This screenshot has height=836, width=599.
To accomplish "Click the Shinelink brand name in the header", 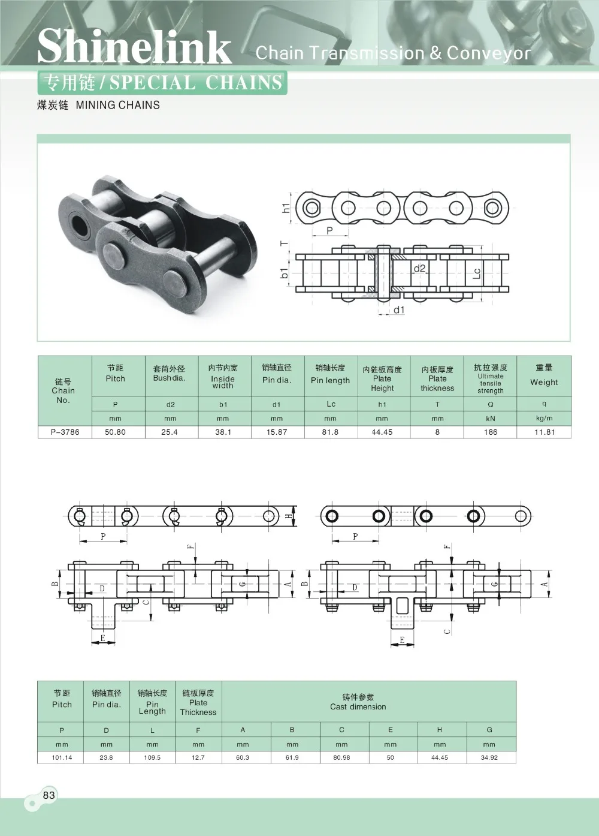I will (134, 47).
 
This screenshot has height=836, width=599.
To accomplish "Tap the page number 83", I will (49, 795).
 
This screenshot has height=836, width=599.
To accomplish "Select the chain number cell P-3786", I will (63, 432).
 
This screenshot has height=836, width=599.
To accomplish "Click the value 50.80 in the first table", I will (115, 432).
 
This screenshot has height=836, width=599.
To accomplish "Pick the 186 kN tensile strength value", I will (491, 432).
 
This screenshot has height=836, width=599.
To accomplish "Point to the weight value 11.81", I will (544, 432).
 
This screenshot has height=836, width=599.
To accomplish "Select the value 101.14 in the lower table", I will (62, 757).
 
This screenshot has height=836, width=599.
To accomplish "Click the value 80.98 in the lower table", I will (341, 757).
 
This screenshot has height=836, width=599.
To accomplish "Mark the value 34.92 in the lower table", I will (489, 757).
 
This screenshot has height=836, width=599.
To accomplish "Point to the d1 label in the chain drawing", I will (399, 310).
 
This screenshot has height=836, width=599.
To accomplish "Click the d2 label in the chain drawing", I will (419, 269).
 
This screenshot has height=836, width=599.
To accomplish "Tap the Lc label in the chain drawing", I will (477, 273).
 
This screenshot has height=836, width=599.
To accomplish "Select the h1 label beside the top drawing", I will (286, 208).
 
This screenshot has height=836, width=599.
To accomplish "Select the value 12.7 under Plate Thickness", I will (198, 757).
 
